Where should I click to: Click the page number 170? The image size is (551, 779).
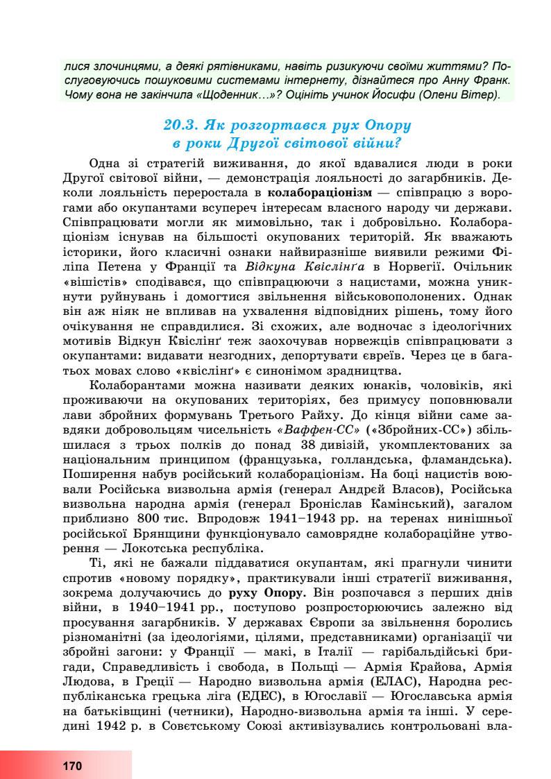tap(71, 767)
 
